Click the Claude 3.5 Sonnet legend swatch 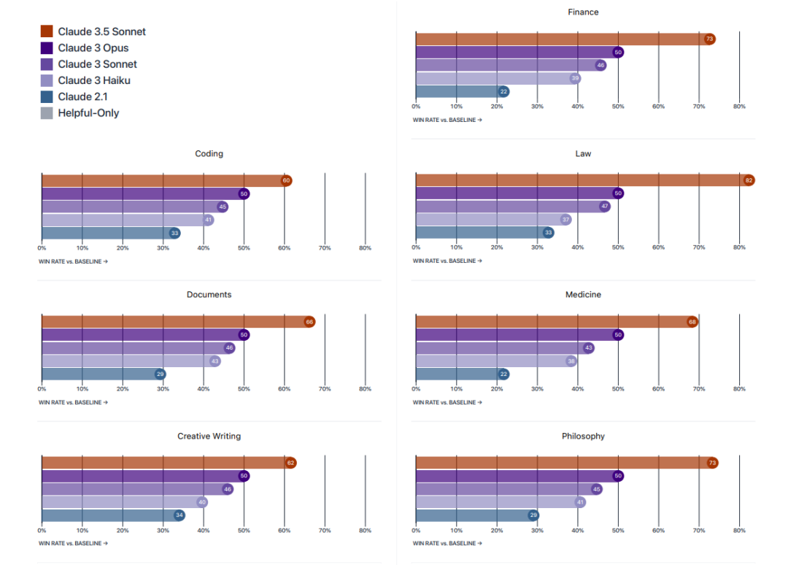pos(47,31)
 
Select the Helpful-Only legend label pos(88,113)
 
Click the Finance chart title pos(583,12)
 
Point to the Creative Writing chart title pos(209,437)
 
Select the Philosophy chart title pos(583,437)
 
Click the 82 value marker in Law pos(749,180)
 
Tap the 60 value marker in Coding pos(286,180)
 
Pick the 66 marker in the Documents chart pos(309,322)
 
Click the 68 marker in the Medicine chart pos(692,322)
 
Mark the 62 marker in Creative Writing pos(290,463)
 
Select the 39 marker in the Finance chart pos(575,78)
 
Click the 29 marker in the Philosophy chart pos(533,515)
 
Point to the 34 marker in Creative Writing pos(179,515)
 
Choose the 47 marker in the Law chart pos(605,207)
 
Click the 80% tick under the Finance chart pos(739,107)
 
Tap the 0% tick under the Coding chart pos(42,248)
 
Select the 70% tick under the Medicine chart pos(699,389)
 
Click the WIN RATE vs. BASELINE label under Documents pos(73,402)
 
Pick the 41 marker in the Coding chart pos(208,220)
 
